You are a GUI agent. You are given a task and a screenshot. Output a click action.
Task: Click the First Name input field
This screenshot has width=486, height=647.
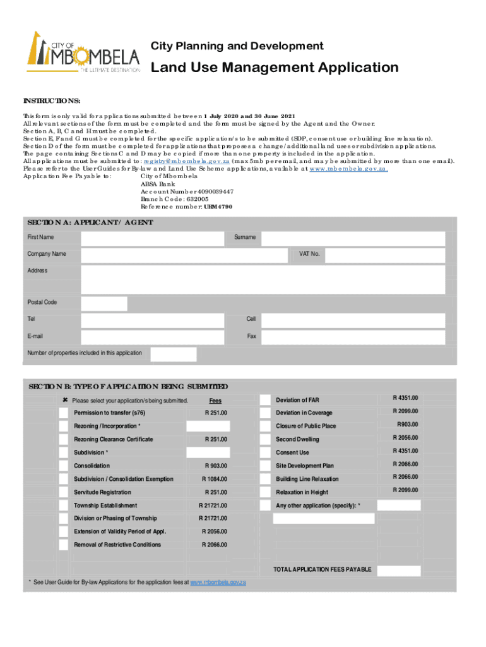[x=152, y=238]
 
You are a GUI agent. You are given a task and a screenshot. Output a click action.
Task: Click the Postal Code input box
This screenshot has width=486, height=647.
[x=104, y=303]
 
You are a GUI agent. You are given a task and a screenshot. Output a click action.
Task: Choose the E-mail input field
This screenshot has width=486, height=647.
[x=152, y=337]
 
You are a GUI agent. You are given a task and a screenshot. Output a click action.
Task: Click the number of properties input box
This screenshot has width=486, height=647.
[x=174, y=354]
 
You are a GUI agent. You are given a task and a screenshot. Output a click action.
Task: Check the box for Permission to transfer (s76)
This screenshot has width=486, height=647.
[x=64, y=413]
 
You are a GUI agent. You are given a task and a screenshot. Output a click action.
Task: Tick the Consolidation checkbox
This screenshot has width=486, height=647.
[x=64, y=466]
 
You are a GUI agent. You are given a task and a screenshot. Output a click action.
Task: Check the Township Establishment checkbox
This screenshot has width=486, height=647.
[x=64, y=505]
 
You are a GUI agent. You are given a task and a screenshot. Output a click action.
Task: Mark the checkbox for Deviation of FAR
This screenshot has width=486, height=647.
[x=265, y=400]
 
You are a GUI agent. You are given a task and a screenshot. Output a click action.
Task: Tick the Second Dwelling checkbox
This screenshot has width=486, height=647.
[x=265, y=439]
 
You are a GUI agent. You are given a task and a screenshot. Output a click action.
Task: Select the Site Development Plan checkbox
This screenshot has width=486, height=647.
[x=265, y=466]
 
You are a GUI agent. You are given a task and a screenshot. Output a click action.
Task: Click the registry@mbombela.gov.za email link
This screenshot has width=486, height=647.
[x=186, y=161]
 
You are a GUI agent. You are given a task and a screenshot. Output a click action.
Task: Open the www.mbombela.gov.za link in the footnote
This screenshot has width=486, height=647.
[x=218, y=581]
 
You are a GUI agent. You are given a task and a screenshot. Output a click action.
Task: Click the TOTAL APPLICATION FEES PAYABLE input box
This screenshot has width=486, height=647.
[x=398, y=569]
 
